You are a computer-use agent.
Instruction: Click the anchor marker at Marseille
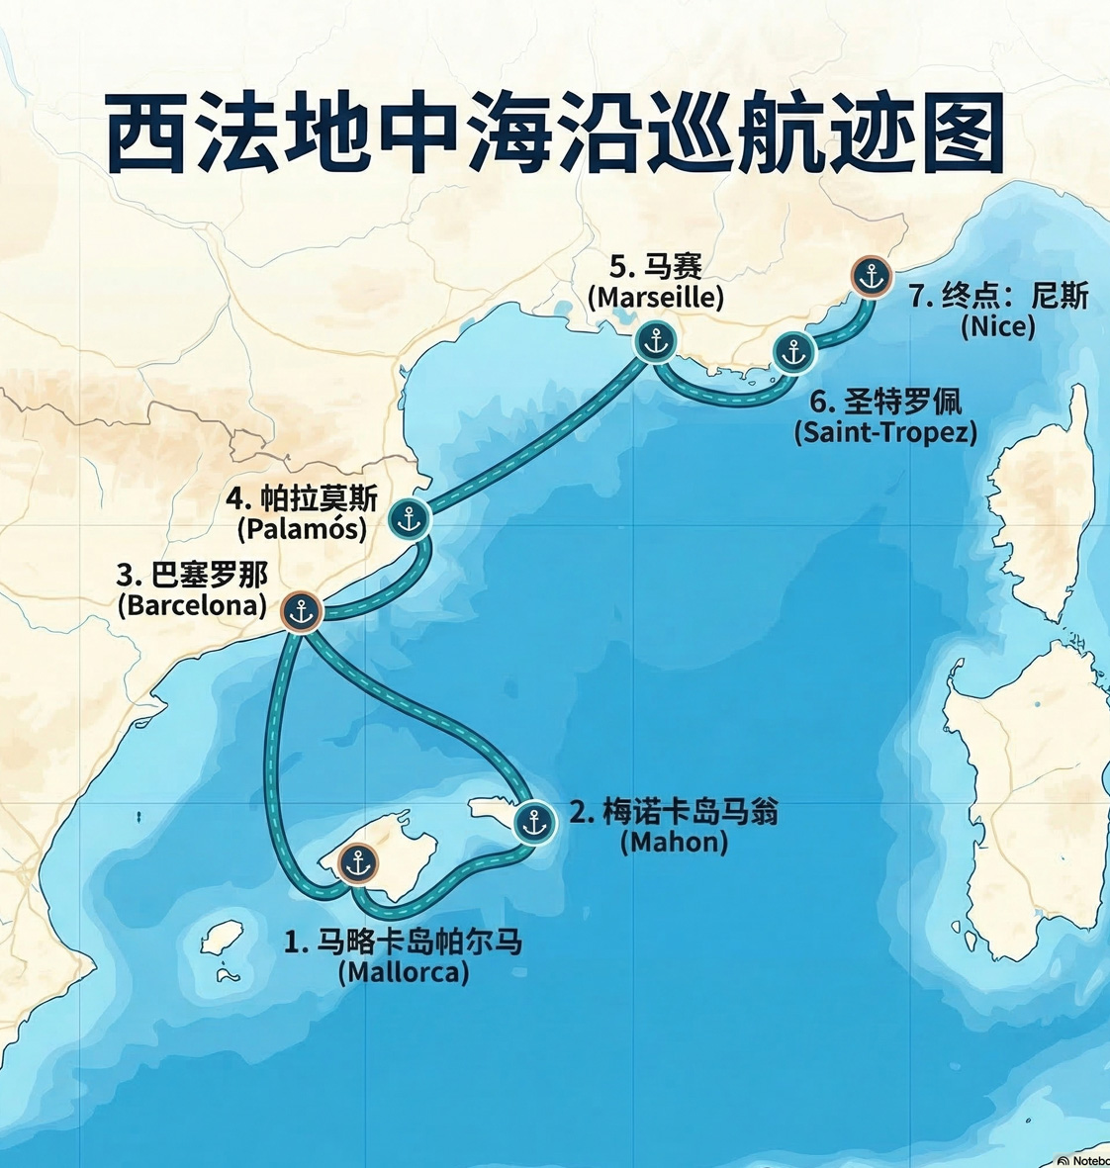(655, 341)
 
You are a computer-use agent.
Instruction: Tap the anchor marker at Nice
(871, 277)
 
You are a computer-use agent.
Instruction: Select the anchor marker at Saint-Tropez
(793, 351)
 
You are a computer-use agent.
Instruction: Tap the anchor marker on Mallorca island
(357, 862)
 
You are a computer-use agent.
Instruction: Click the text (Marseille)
(655, 297)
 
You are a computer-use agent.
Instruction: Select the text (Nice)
(997, 325)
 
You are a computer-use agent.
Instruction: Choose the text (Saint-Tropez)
(884, 432)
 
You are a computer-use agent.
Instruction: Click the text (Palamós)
(302, 528)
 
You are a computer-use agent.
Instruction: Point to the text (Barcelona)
(192, 604)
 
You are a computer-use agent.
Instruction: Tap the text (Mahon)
(674, 842)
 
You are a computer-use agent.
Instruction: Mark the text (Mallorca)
(403, 972)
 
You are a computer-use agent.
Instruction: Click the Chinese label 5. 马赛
(655, 267)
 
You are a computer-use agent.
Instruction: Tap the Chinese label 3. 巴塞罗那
(192, 575)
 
